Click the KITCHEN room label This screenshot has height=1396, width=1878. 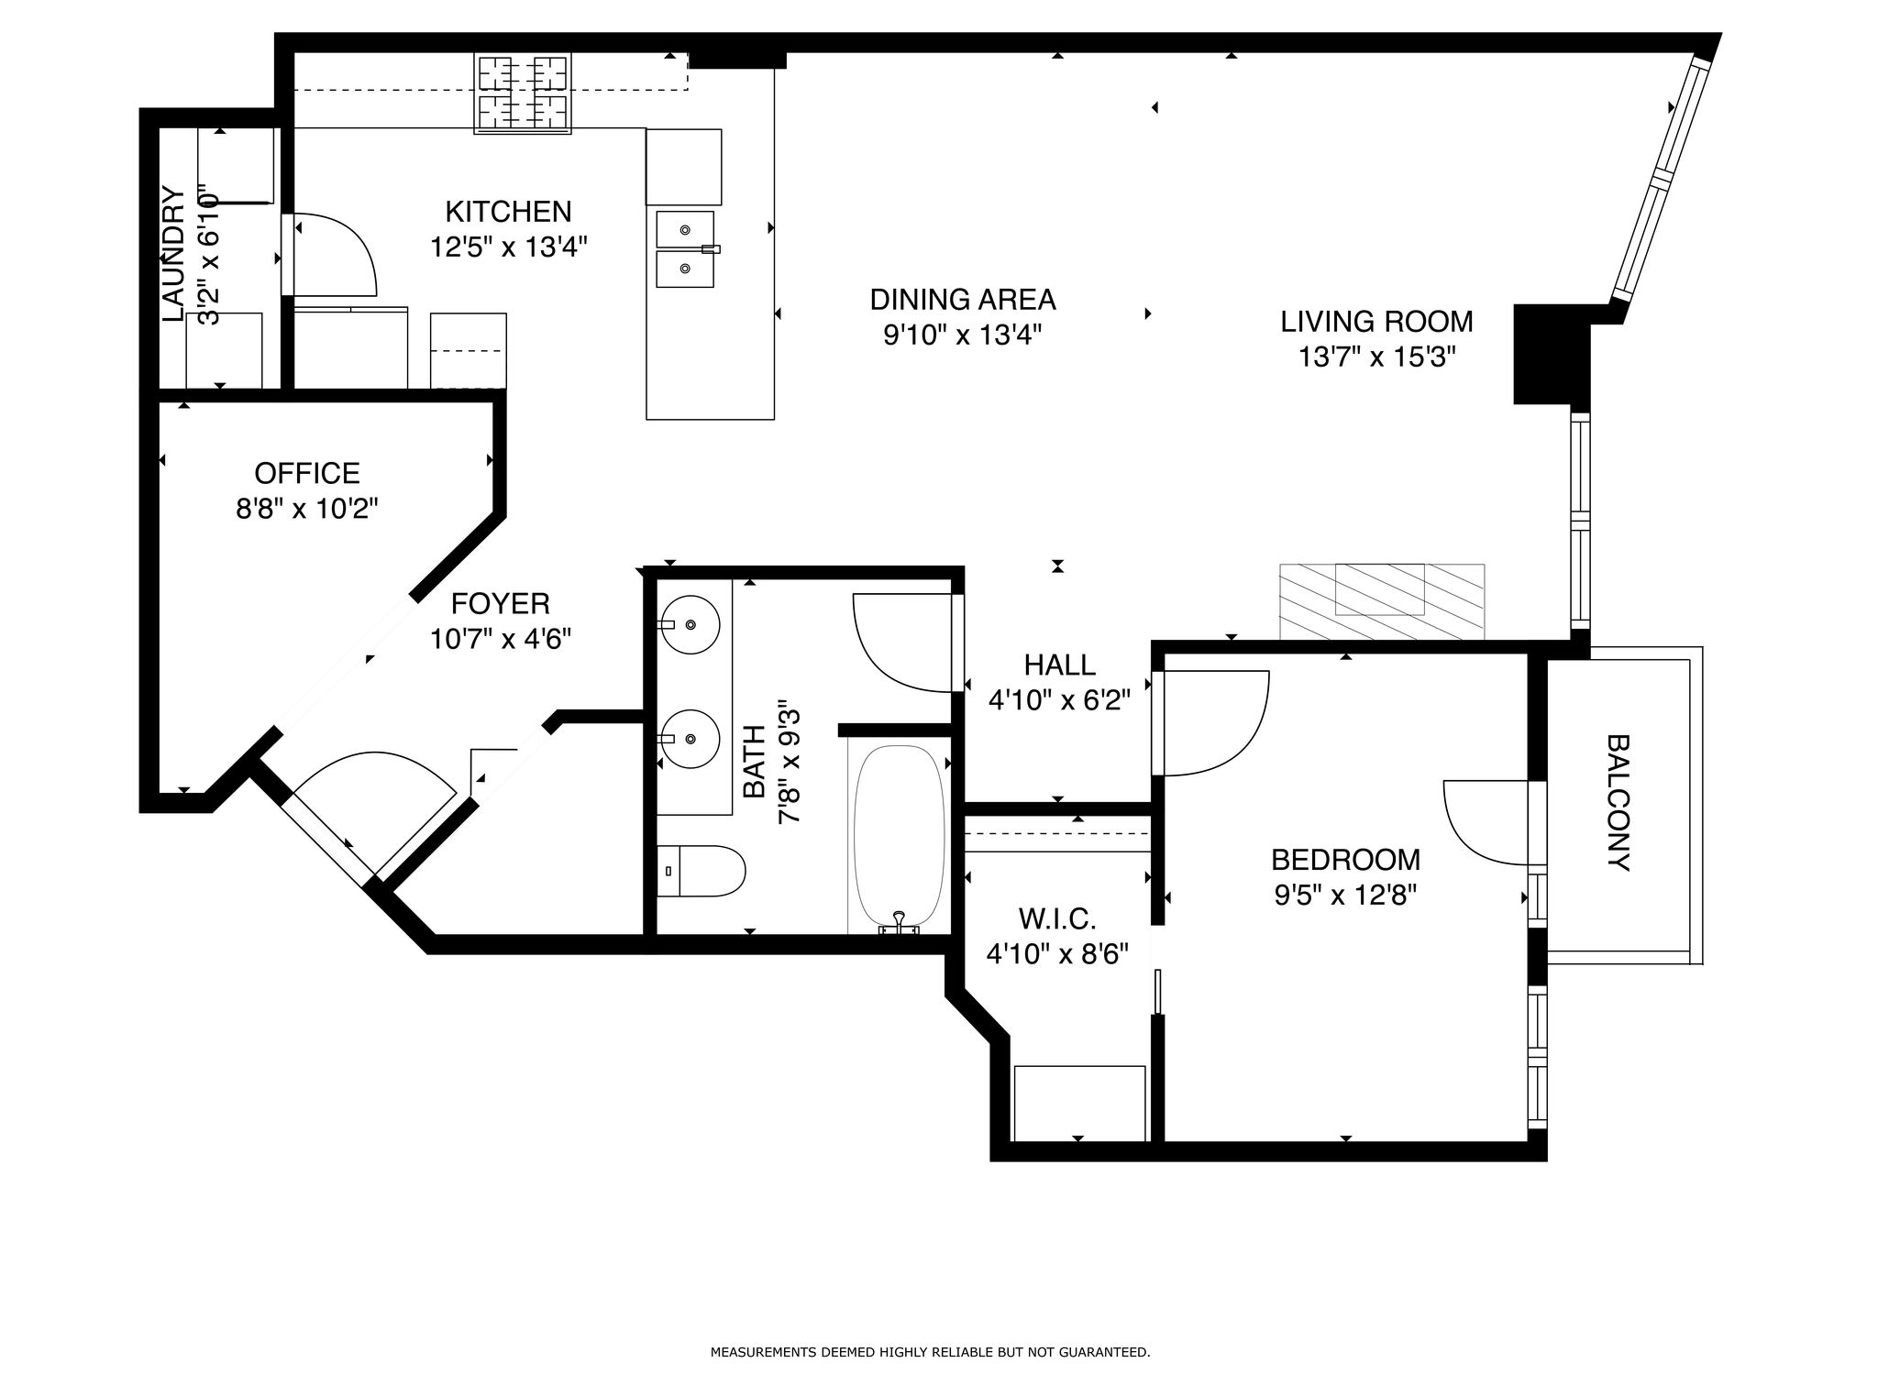(x=508, y=212)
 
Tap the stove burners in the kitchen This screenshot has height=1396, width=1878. (x=523, y=93)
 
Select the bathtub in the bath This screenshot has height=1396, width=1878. (x=899, y=838)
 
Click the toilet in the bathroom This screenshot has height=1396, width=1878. (x=701, y=871)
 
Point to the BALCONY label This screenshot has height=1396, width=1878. (x=1618, y=802)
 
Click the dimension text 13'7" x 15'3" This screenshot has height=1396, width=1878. (x=1377, y=357)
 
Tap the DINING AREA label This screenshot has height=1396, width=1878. (x=963, y=300)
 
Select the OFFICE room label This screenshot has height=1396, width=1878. (x=307, y=473)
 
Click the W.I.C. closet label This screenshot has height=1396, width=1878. (x=1057, y=918)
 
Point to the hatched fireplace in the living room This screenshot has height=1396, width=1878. (x=1382, y=601)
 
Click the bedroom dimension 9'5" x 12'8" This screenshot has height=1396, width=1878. (x=1346, y=895)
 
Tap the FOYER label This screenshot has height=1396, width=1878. (x=501, y=603)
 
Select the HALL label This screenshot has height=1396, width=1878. (x=1060, y=665)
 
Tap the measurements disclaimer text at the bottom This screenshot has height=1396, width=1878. (x=930, y=1352)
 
